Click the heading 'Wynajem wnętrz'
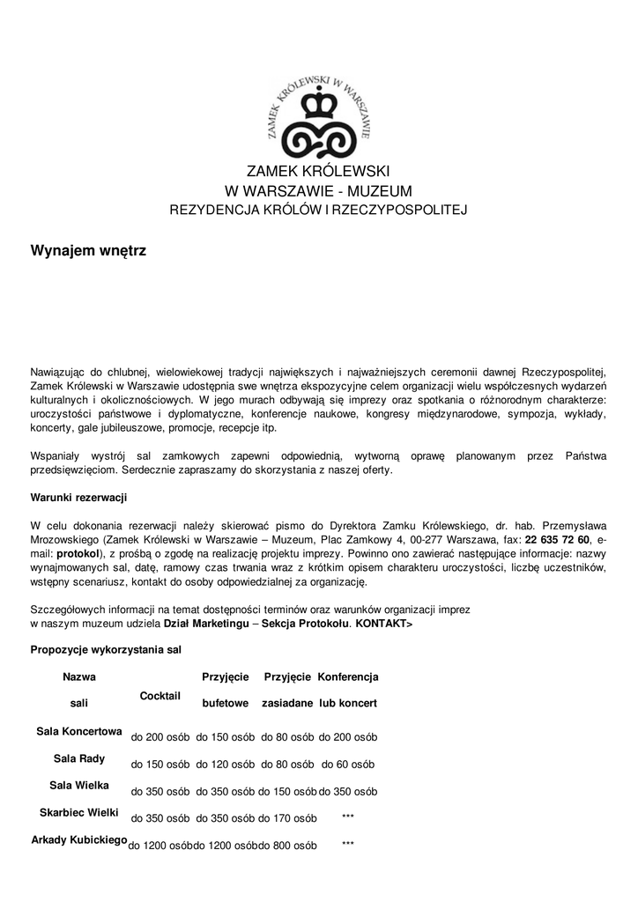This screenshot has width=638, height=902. coord(88,251)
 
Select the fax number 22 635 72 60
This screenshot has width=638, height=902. coord(558,539)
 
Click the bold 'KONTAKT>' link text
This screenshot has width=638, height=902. coord(383,624)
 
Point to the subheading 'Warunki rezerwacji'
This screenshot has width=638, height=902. coord(79,498)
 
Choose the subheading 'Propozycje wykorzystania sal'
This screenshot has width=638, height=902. coord(106,649)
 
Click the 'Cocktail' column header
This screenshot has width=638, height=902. coord(160,696)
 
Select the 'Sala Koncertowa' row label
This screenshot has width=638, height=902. coord(79,731)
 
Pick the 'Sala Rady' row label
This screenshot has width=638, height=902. coord(79,758)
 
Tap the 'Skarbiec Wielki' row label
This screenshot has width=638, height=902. coord(79,811)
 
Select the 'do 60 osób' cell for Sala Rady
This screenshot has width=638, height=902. coord(348,764)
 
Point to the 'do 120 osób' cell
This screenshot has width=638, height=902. coord(225,764)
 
